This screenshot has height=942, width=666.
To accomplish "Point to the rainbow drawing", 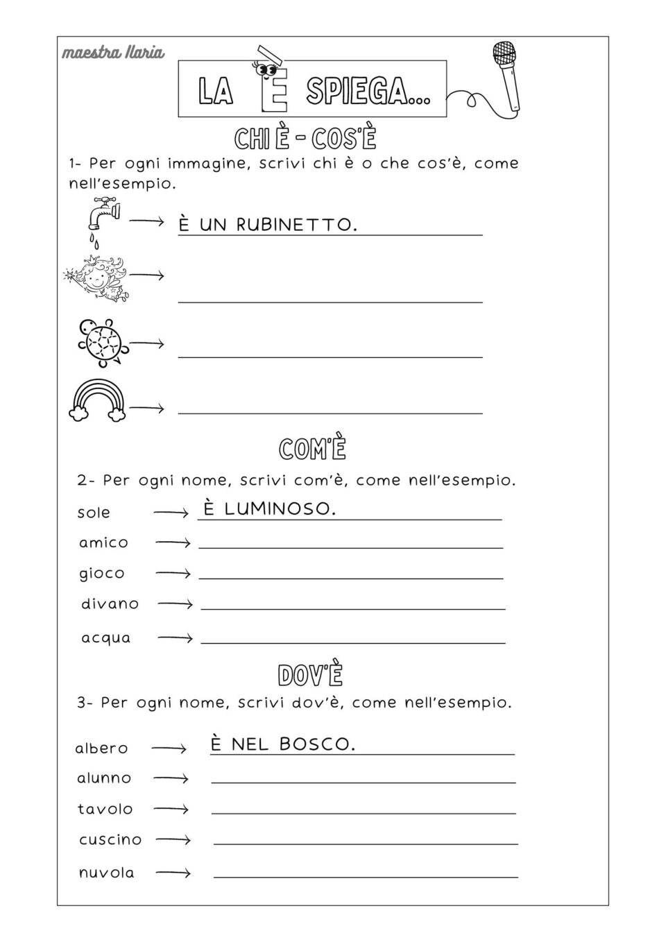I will (x=98, y=402).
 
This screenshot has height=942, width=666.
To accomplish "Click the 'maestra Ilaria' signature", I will (x=113, y=53).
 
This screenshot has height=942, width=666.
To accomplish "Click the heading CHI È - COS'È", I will (x=305, y=139).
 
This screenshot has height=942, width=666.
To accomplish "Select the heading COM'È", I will (x=312, y=449).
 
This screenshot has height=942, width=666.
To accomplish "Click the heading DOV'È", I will (x=310, y=674).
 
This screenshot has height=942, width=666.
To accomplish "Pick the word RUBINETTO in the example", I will (x=296, y=225).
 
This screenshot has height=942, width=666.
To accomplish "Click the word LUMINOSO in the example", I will (x=280, y=508).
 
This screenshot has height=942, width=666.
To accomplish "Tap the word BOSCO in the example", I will (x=317, y=744).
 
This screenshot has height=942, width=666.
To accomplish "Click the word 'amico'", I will (x=103, y=542).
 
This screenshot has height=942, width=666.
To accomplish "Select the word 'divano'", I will (x=110, y=603).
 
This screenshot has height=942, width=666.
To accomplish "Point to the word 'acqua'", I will (x=105, y=637).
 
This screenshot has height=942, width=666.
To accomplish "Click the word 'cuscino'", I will (x=110, y=839).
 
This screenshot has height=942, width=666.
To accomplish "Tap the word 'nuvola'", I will (x=106, y=873).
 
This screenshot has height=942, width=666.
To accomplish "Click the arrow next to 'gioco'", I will (x=173, y=574).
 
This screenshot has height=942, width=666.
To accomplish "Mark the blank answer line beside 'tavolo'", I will (x=363, y=812).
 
